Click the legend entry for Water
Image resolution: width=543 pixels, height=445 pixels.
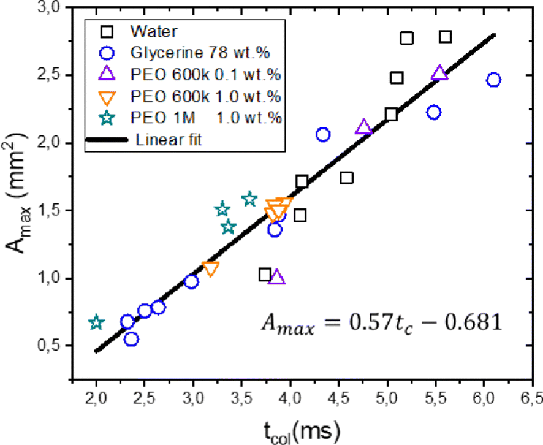pos(150,29)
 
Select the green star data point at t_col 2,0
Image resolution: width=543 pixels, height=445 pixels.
pos(96,322)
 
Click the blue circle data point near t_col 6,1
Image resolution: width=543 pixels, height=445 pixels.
pos(493,80)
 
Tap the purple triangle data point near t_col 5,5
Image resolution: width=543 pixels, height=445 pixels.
pos(439,72)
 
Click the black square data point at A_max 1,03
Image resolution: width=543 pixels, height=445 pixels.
pos(265,274)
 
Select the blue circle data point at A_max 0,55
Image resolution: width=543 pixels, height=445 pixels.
pos(131,339)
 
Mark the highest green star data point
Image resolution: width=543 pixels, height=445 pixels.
pos(249,199)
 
